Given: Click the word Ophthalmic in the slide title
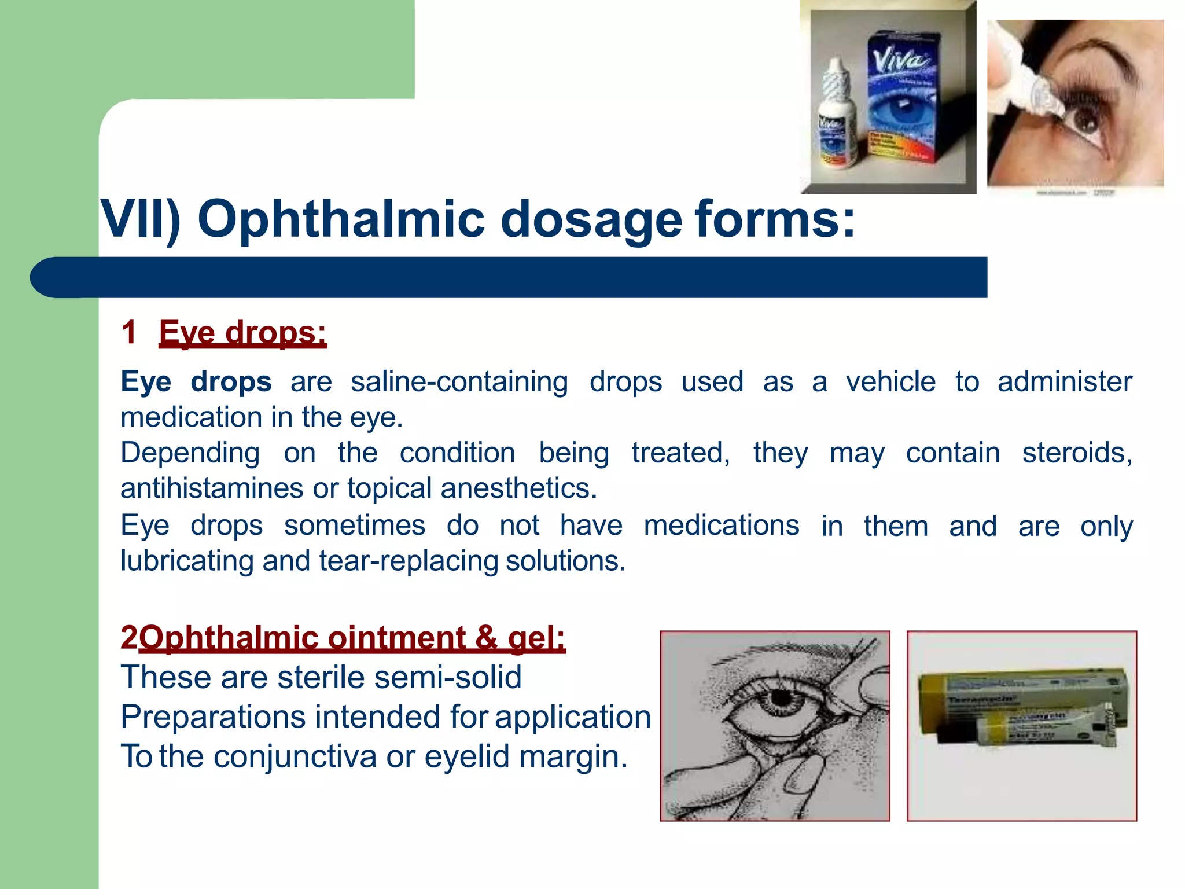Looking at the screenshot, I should (341, 220).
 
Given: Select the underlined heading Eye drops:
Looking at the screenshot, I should (242, 333).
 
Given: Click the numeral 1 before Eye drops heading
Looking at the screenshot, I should (129, 333).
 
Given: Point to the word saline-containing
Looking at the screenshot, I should (459, 382).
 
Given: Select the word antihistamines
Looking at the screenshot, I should (211, 488).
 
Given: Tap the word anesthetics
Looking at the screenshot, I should (518, 488).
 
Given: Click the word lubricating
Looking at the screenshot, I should (187, 561).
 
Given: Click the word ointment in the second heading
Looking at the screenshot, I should (396, 638).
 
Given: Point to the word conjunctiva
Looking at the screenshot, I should (295, 756).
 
